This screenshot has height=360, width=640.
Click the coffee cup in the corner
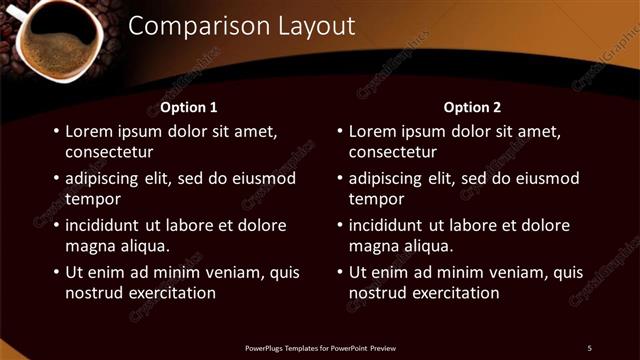coord(59,39)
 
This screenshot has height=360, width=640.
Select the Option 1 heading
coord(189,107)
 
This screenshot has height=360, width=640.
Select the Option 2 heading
coord(472,107)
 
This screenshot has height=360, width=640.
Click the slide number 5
coord(589,347)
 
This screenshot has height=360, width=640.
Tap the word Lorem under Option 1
coord(89,131)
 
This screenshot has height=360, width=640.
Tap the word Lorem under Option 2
coord(373,131)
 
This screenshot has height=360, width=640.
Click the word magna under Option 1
coord(88,246)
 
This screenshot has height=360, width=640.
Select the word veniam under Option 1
coord(227,272)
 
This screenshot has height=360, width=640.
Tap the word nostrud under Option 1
coord(93,293)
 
